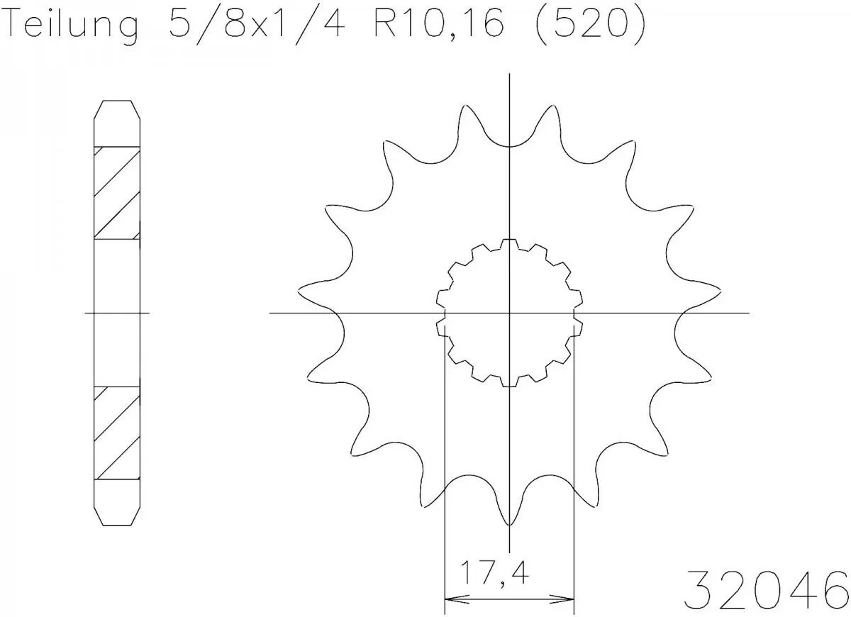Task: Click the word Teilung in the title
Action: (x=71, y=26)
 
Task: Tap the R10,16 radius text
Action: (x=432, y=26)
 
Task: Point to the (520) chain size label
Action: (x=589, y=26)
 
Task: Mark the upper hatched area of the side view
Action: (x=116, y=192)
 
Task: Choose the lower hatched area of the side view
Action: (x=116, y=432)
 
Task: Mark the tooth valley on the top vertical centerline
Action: (x=509, y=145)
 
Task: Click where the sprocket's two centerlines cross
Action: (x=509, y=313)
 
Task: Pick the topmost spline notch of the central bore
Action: (x=509, y=243)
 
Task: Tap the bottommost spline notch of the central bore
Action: (x=509, y=383)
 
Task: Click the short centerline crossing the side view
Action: (x=117, y=313)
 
